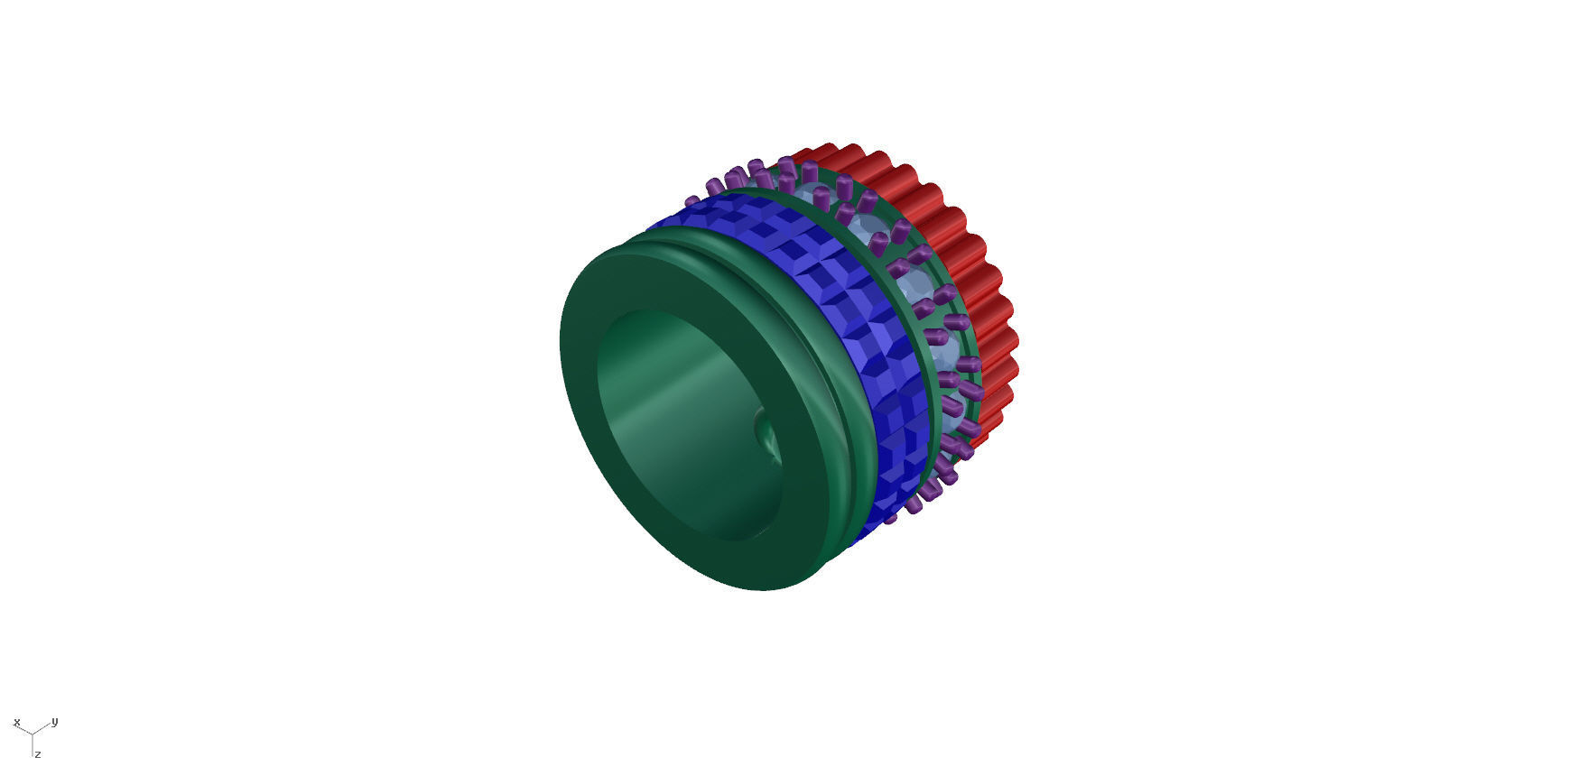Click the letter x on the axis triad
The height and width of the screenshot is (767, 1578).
tap(16, 722)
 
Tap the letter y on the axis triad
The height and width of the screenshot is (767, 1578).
tap(55, 721)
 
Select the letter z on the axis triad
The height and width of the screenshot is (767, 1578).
tap(38, 753)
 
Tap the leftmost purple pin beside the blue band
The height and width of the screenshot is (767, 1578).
tap(692, 201)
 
